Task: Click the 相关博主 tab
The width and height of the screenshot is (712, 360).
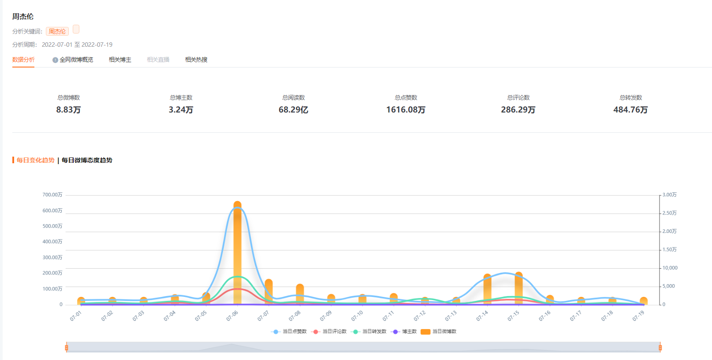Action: pyautogui.click(x=120, y=60)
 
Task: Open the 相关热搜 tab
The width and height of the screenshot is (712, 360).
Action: pyautogui.click(x=196, y=60)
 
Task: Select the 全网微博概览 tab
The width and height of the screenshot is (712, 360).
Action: pyautogui.click(x=73, y=60)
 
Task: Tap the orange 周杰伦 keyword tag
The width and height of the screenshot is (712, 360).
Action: pyautogui.click(x=57, y=31)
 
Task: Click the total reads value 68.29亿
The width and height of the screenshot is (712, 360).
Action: pyautogui.click(x=293, y=110)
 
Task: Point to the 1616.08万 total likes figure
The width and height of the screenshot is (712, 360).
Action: pyautogui.click(x=406, y=110)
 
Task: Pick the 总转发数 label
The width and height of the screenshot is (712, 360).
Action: pyautogui.click(x=630, y=97)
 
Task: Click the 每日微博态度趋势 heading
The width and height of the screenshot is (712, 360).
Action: pyautogui.click(x=87, y=160)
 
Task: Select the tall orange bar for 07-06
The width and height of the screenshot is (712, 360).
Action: pyautogui.click(x=238, y=253)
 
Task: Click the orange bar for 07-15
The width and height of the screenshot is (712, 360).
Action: pyautogui.click(x=519, y=288)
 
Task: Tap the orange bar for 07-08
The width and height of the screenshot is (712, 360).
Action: pyautogui.click(x=300, y=294)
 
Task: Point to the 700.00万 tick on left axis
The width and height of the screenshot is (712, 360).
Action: pyautogui.click(x=52, y=195)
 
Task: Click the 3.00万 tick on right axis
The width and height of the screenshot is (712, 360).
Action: pyautogui.click(x=669, y=195)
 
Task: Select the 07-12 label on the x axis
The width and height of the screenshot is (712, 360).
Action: pyautogui.click(x=420, y=316)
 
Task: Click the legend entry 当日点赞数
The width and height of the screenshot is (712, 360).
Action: pyautogui.click(x=289, y=332)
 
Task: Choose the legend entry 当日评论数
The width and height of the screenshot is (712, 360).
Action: pyautogui.click(x=329, y=332)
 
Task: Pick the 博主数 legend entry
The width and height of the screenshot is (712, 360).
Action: pyautogui.click(x=404, y=332)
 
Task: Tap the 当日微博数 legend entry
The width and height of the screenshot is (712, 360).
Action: pyautogui.click(x=438, y=332)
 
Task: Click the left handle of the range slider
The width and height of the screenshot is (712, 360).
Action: pyautogui.click(x=67, y=348)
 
